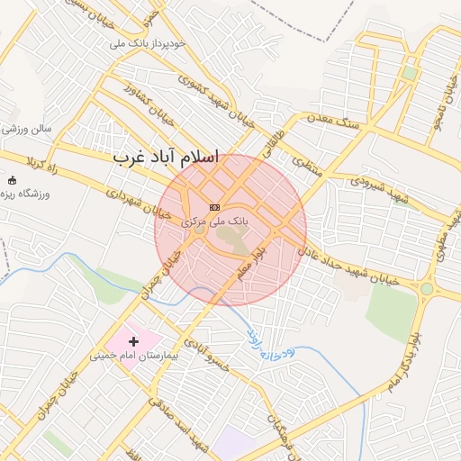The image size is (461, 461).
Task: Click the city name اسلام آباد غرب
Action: pos(167,157)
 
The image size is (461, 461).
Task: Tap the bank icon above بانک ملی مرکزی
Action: pos(214,207)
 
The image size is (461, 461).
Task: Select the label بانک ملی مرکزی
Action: pos(213,220)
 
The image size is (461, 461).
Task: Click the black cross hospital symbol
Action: pos(134,341)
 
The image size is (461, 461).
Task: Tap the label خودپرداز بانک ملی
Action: pos(148,42)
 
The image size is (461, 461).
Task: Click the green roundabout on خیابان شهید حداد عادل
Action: pos(426,289)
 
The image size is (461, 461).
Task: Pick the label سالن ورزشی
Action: pos(27,129)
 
